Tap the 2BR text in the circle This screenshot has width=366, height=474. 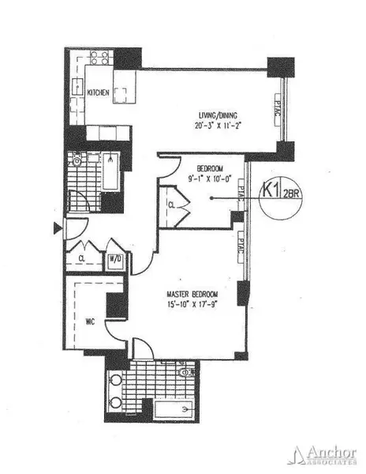pos(290,194)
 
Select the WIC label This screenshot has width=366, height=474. pos(89,322)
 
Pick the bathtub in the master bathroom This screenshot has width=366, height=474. pos(170,410)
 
